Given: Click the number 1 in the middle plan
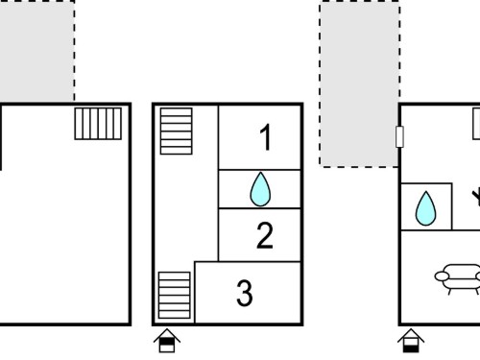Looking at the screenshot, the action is coord(266,137).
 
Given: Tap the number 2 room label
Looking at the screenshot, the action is coord(265,235).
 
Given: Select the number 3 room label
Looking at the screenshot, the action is coord(245,293).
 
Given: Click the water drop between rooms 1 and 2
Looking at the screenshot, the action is coord(260,189).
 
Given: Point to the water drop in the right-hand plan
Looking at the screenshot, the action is coord(425,208).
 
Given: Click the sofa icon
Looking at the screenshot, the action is coord(458,277).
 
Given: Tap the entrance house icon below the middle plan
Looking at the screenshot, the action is coord(167,341).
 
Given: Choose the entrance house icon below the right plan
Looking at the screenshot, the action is coord(411,341).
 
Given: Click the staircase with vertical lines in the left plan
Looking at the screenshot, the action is coord(98,124).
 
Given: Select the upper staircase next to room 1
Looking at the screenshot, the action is coord(177,131).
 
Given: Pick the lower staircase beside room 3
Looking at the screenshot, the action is coord(175,295).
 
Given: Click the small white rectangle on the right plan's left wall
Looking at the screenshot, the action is coord(399,136).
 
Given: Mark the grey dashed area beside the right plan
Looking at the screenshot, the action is coord(359,84).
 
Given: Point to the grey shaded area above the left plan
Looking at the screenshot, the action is coord(37,51).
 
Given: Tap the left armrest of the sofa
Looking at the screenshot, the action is coord(442,276).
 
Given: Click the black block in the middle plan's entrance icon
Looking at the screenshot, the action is coord(167,342).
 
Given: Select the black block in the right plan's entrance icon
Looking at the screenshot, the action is coord(411,348).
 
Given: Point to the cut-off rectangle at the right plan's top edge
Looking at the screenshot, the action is coord(476,124).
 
